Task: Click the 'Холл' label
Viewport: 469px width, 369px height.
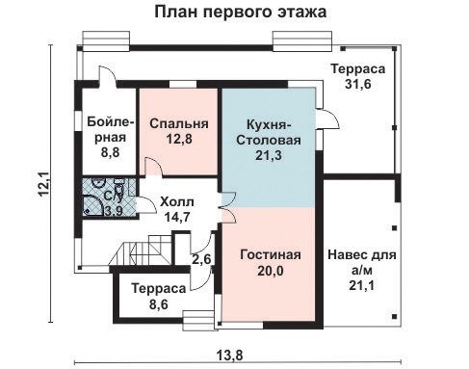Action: click(176, 201)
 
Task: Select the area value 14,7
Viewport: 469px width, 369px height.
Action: click(176, 218)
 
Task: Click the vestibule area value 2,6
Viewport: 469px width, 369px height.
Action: click(201, 259)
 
